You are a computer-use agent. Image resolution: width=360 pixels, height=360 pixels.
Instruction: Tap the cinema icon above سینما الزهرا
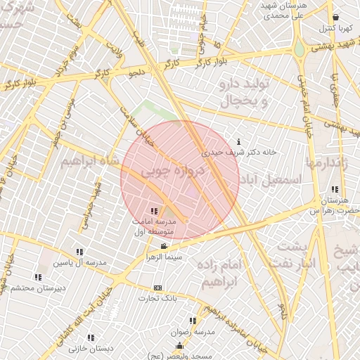[164, 246]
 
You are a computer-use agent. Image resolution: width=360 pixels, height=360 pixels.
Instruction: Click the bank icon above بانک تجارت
[157, 288]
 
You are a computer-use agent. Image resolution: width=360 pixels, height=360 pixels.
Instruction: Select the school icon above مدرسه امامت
[154, 211]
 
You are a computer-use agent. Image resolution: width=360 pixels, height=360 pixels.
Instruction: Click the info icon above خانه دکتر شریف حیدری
[240, 141]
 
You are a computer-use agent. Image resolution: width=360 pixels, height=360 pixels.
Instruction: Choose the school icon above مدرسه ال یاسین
[79, 252]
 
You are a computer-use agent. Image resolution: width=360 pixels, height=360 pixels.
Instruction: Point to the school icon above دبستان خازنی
[91, 337]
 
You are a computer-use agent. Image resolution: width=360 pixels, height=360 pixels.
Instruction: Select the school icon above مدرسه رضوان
[193, 321]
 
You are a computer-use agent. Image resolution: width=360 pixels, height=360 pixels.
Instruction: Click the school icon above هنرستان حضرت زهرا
[334, 189]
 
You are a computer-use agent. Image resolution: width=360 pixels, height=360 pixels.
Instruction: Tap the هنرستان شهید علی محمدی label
[281, 9]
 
